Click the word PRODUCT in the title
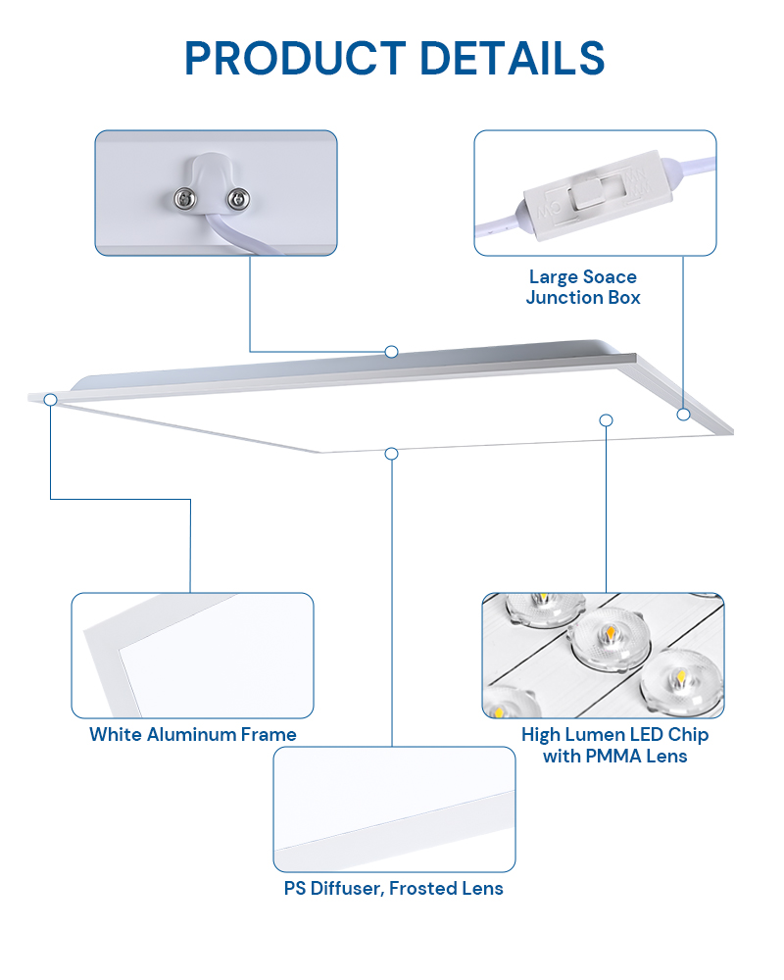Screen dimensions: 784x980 (296, 58)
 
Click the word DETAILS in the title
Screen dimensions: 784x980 (512, 58)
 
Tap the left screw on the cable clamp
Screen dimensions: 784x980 (185, 199)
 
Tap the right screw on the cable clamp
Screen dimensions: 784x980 (237, 199)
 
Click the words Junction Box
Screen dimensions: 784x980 (583, 298)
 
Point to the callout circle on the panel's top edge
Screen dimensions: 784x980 (391, 352)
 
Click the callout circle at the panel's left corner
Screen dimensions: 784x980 (51, 400)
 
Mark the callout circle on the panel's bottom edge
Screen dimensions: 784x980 (391, 453)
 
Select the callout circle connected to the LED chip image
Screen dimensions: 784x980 (606, 420)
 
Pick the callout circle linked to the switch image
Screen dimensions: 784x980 (683, 414)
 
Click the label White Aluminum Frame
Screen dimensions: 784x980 (192, 734)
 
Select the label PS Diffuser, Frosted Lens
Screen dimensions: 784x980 (393, 888)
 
